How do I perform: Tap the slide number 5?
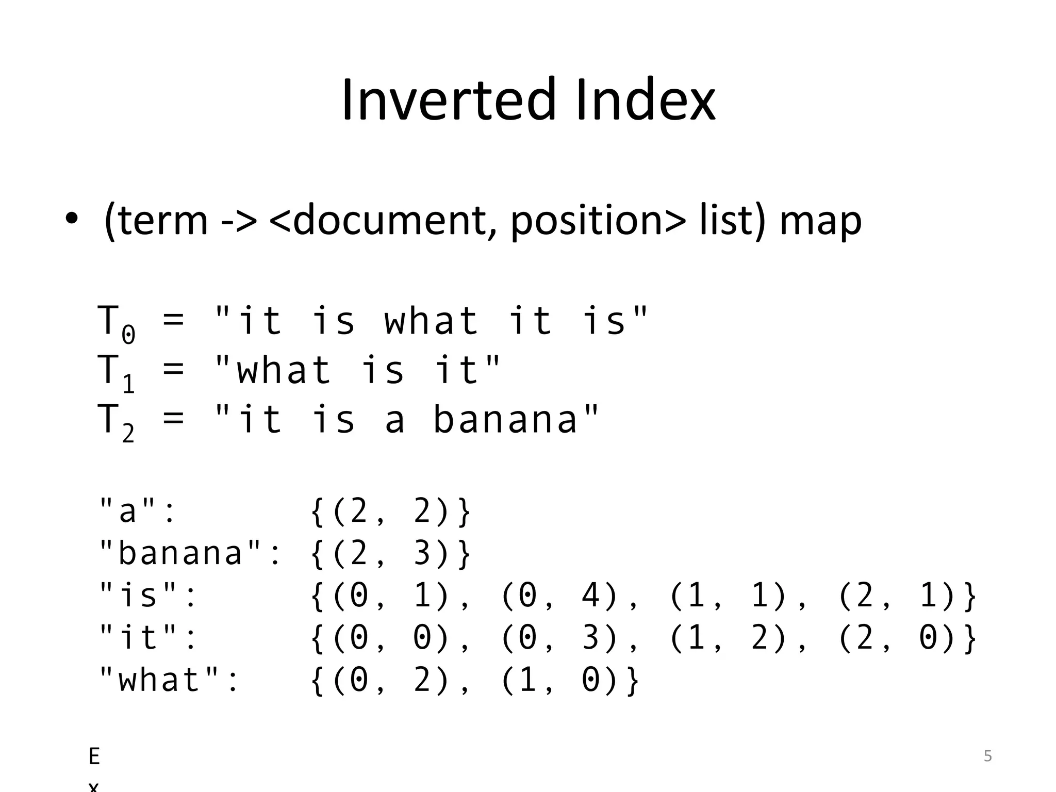click(987, 756)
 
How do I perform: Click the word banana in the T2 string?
click(505, 419)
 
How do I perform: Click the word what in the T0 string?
click(432, 321)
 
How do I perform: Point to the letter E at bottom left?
click(94, 756)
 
